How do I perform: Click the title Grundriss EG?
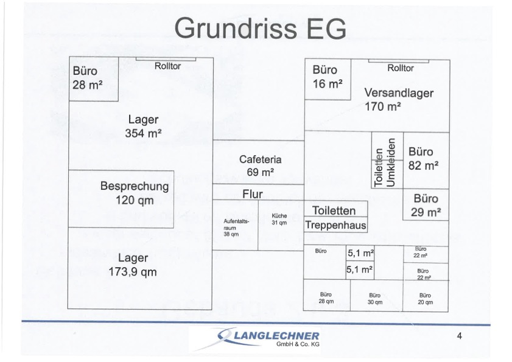click(260, 28)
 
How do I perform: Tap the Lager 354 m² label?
click(143, 127)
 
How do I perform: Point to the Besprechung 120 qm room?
click(121, 199)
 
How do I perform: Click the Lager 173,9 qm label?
click(133, 265)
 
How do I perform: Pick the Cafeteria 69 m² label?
click(260, 165)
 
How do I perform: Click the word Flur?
click(253, 194)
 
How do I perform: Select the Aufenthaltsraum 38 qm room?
click(235, 225)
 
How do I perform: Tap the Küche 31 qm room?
click(281, 225)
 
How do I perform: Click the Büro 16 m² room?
click(328, 79)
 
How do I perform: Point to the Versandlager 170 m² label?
click(399, 100)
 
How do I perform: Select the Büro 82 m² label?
click(423, 159)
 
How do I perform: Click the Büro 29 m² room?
click(426, 204)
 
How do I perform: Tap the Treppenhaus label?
click(335, 225)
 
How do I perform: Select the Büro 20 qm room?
click(426, 296)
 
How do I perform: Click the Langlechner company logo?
click(268, 339)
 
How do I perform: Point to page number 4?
click(460, 336)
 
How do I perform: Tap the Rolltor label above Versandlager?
click(401, 68)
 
